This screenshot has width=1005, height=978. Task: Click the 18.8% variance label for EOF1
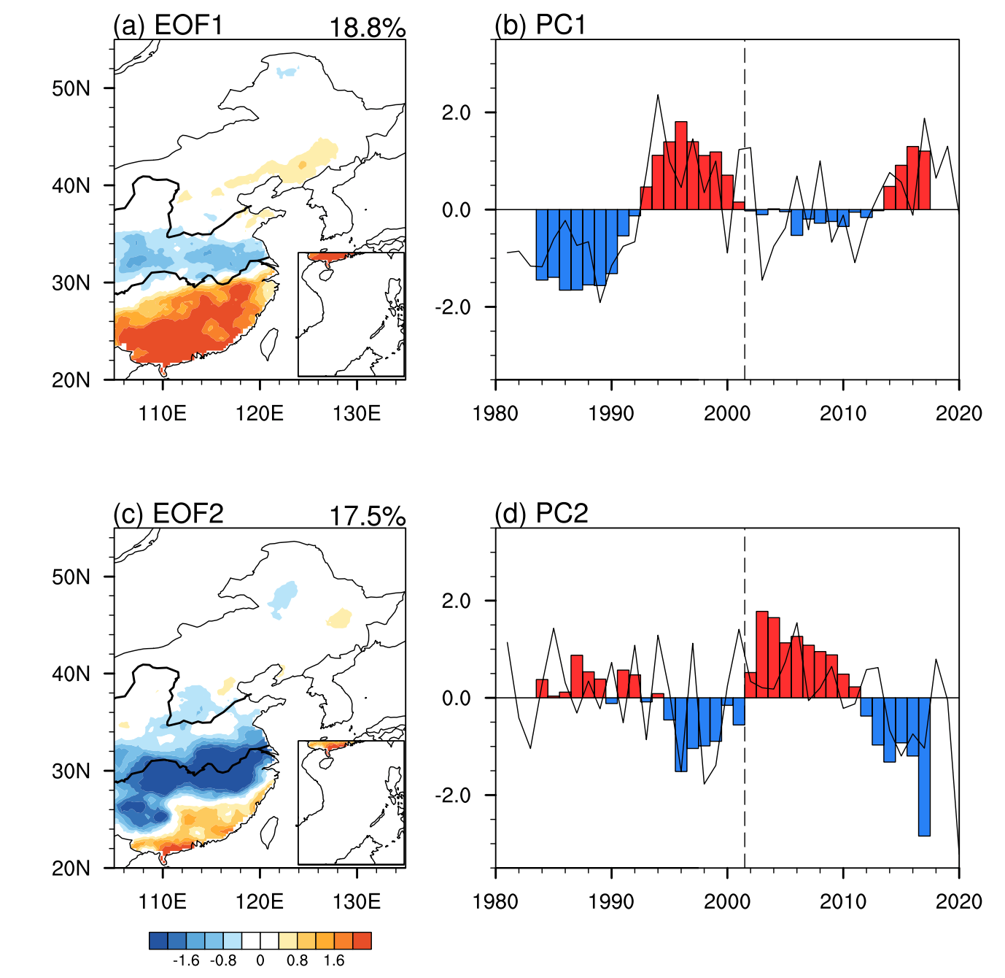367,28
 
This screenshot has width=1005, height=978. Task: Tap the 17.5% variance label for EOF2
367,517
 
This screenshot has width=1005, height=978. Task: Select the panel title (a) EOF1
168,25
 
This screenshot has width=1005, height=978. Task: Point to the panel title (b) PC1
540,25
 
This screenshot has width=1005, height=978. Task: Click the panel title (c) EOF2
168,513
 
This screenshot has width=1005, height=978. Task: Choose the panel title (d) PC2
541,513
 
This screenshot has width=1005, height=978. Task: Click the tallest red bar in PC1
681,166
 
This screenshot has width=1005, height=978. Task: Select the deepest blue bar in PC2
925,766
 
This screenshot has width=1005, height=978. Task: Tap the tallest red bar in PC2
762,655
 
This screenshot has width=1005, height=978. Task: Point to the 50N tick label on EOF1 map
71,88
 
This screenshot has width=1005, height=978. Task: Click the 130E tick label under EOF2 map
357,901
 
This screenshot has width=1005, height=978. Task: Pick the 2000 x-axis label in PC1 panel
727,413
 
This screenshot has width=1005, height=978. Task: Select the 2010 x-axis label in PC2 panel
843,901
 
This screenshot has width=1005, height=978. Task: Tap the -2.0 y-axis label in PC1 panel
453,307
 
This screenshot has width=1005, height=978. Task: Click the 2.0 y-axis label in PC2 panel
457,601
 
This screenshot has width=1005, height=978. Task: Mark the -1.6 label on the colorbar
186,960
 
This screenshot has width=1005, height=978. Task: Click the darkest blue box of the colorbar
158,941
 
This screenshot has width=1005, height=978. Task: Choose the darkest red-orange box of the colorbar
362,941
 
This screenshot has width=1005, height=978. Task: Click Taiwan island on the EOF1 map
269,344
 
